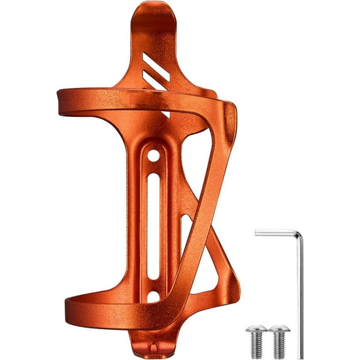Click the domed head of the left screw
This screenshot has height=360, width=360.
(256, 329)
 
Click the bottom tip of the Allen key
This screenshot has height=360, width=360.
(301, 356)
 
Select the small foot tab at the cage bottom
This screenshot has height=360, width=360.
(150, 345)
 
